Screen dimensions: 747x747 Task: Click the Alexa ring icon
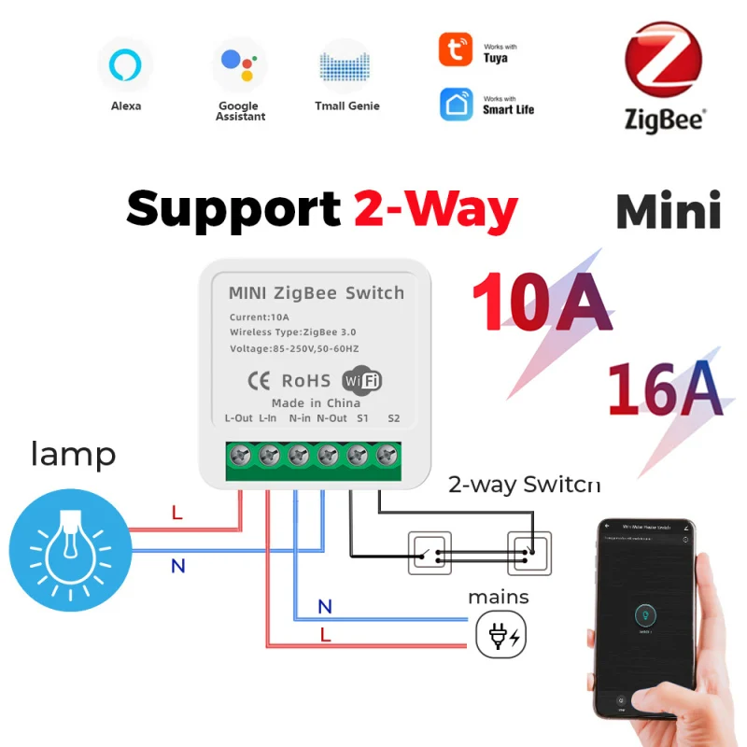coord(125,64)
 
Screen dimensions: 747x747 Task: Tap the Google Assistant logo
coord(240,65)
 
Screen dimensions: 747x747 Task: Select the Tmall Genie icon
coord(346,65)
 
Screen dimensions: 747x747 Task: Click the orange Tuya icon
coord(456,49)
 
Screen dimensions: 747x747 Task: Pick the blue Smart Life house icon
coord(457,104)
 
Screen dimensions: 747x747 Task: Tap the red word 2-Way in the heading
coord(435,209)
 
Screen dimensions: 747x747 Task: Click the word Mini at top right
coord(669,212)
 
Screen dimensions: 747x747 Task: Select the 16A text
coord(664,389)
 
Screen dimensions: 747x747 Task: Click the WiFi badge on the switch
coord(362,381)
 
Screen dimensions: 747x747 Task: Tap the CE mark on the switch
coord(259,381)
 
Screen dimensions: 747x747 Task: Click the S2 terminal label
coord(393,418)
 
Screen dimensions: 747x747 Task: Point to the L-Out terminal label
coord(239,418)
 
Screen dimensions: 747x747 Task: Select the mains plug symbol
coord(501,637)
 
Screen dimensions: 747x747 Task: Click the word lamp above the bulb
coord(74,455)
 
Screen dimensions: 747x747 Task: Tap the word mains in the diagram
coord(498,597)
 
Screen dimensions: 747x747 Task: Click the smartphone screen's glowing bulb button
coord(644,614)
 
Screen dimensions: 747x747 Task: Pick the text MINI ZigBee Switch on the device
coord(317,293)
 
